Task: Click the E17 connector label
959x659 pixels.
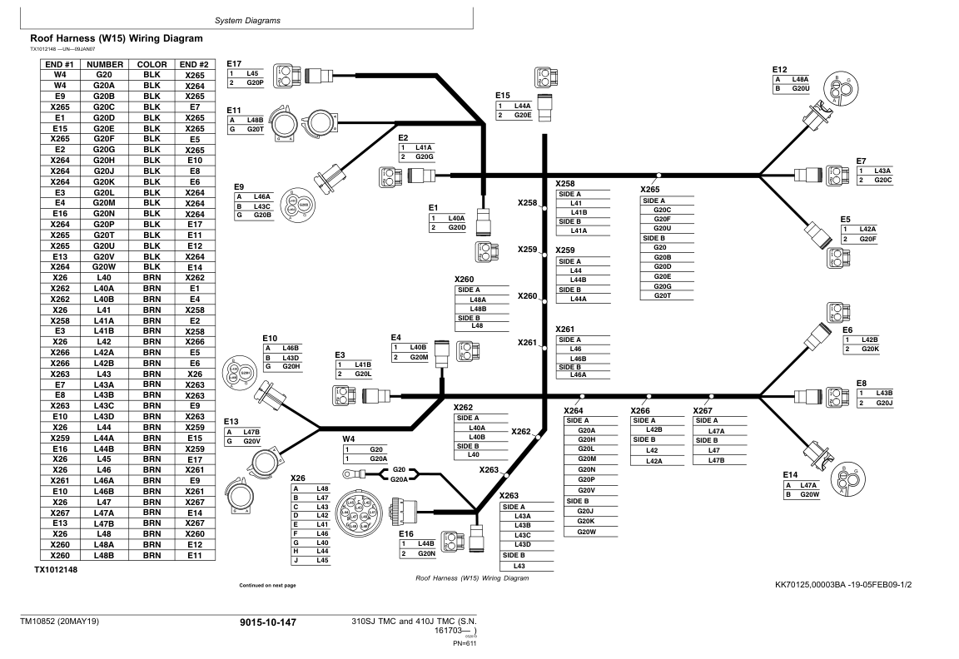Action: tap(234, 63)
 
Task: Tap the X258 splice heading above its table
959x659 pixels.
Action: tap(567, 183)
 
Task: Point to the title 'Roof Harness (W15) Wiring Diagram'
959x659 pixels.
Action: tap(117, 38)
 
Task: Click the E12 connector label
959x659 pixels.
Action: tap(780, 69)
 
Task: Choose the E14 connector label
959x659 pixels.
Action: tap(791, 474)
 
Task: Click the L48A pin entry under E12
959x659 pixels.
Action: tap(801, 79)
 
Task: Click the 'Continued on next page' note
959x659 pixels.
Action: tap(266, 586)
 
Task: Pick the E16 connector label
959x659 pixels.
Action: tap(405, 533)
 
